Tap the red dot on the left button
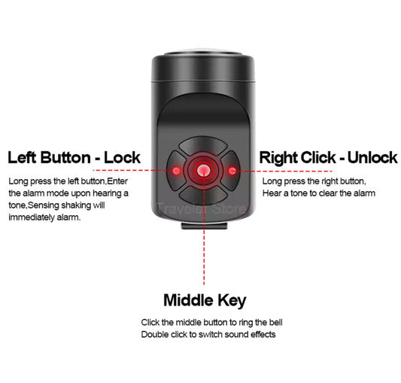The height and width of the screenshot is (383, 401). pyautogui.click(x=175, y=171)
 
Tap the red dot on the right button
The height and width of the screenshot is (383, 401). pyautogui.click(x=231, y=171)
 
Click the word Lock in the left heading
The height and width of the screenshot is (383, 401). pyautogui.click(x=122, y=157)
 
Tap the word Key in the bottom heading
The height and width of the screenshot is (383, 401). pyautogui.click(x=231, y=301)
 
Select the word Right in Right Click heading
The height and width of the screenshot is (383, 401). pyautogui.click(x=280, y=157)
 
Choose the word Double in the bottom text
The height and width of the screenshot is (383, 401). pyautogui.click(x=153, y=333)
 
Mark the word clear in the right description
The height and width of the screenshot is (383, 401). pyautogui.click(x=319, y=193)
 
